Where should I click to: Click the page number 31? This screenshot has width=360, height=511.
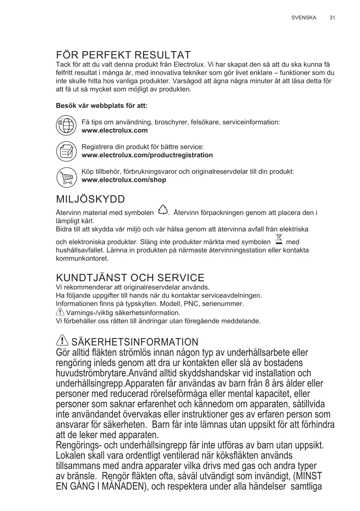coord(332,18)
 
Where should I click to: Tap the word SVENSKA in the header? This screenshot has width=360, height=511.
coord(304,18)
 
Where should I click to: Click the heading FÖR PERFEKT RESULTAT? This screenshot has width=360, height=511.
coord(123,55)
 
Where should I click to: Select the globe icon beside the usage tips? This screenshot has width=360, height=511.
coord(66,126)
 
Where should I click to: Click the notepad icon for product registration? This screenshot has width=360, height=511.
coord(66,151)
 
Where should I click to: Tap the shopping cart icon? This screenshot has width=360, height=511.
coord(66,176)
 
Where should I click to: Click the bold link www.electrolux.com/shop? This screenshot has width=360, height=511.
coord(124,180)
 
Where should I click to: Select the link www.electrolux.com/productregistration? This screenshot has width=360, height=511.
coord(148,155)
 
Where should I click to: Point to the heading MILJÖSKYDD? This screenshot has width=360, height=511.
coord(91,200)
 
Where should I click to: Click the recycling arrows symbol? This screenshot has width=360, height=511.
coord(163,210)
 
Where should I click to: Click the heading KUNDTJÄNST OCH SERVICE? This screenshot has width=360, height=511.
coord(130,278)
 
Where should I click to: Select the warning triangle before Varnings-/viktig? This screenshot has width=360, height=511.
coord(60,312)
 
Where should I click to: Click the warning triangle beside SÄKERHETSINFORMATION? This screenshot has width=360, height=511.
coord(62,341)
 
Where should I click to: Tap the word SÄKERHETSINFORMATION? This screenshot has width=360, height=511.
coord(135,342)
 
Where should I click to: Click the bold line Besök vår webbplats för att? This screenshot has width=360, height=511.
coord(102,106)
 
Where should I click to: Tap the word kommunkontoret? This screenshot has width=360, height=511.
coord(82,259)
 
